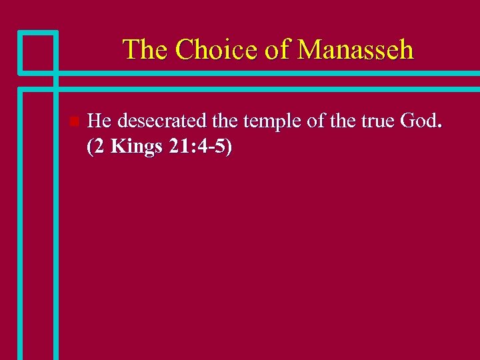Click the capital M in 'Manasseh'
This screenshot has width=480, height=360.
click(x=310, y=50)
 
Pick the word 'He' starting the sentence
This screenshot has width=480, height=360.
click(x=100, y=121)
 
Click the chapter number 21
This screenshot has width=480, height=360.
click(x=177, y=147)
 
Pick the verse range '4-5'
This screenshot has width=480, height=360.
click(x=213, y=147)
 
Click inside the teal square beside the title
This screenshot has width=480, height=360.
click(x=37, y=51)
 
